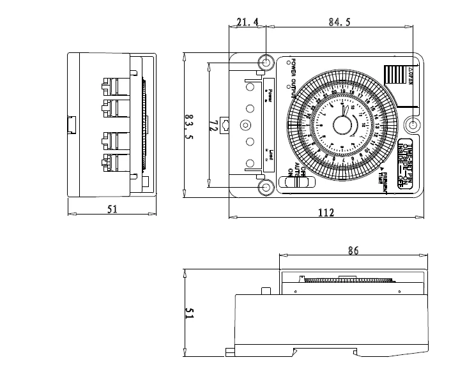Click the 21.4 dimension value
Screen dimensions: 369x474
[x=247, y=22]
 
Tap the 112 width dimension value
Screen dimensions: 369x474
[x=326, y=213]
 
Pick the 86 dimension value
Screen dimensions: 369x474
[x=352, y=252]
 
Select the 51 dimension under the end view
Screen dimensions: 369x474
[x=112, y=209]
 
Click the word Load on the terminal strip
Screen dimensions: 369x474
[x=271, y=155]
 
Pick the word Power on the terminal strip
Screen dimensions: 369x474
[x=270, y=95]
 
